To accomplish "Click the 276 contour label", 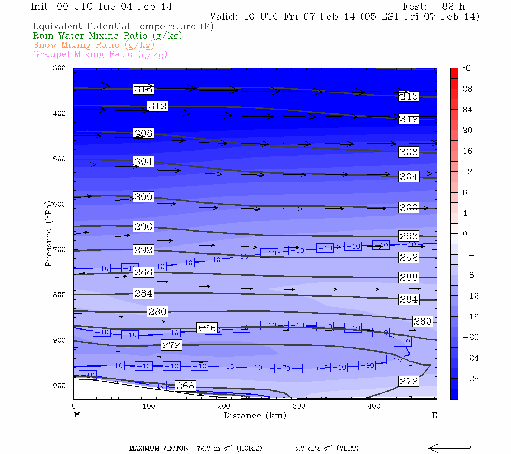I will (x=207, y=328).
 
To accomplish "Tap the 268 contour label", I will (x=185, y=386).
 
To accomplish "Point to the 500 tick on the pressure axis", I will (x=59, y=159).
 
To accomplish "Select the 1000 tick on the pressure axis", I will (x=58, y=386).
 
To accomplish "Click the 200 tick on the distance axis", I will (x=224, y=406).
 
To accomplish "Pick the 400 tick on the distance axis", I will (x=374, y=406).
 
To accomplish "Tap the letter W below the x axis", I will (x=76, y=415).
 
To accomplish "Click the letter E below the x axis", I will (x=435, y=415).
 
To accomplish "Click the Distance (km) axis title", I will (x=255, y=415).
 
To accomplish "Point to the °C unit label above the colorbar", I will (x=466, y=68).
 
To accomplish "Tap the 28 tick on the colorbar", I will (x=467, y=89).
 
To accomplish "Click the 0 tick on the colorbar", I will (x=465, y=234).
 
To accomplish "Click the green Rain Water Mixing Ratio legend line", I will (x=107, y=36).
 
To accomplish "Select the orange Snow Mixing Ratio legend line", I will (x=93, y=45).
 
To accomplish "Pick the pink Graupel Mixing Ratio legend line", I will (x=100, y=54).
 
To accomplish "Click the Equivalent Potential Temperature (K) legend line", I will (x=123, y=26).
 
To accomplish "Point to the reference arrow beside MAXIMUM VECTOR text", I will (x=450, y=448).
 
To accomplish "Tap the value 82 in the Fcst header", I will (x=448, y=7).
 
